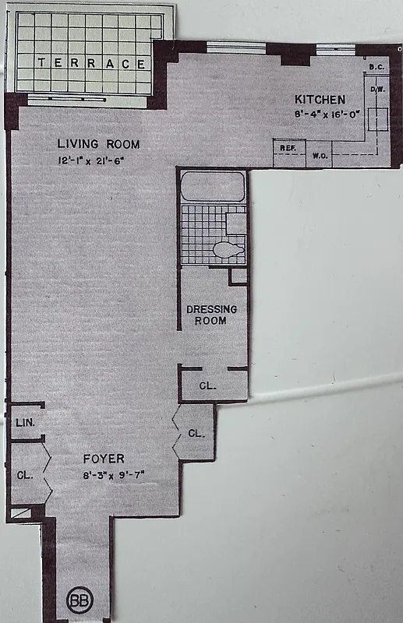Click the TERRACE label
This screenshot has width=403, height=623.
[92, 64]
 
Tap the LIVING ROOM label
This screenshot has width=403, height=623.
[99, 144]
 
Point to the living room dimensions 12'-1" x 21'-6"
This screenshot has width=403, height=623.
[99, 160]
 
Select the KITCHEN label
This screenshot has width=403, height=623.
[319, 100]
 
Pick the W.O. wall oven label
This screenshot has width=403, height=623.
[318, 155]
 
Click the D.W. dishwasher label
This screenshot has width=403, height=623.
[377, 90]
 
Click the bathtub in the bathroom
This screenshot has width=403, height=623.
[212, 188]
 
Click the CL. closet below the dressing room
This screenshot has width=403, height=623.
[207, 385]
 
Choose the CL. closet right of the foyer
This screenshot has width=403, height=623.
[196, 433]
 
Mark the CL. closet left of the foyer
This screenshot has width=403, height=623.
[25, 475]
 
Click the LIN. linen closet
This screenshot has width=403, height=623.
[23, 423]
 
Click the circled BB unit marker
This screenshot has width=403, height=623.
[79, 600]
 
